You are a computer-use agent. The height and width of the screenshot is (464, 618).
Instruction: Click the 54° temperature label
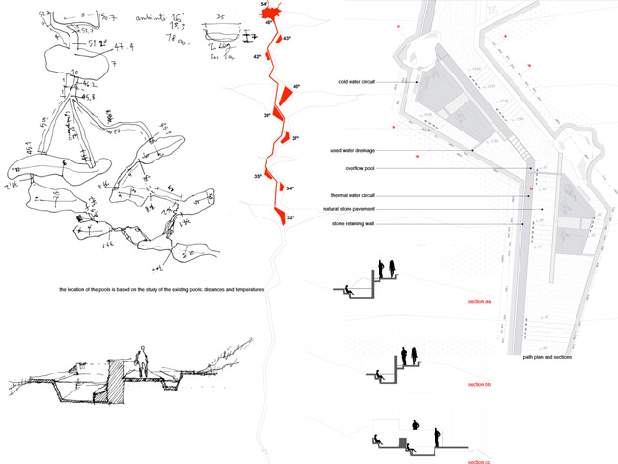click(x=264, y=5)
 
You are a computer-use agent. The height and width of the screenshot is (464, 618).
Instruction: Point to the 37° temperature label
click(x=295, y=138)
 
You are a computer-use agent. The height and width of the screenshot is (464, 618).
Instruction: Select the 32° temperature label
click(x=290, y=218)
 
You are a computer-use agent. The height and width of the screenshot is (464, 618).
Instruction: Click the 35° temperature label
click(x=258, y=176)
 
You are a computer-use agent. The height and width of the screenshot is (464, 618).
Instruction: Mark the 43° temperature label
click(x=286, y=39)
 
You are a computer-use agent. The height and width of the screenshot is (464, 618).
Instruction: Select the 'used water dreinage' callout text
click(x=353, y=151)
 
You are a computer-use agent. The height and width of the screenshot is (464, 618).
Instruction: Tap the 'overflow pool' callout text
click(x=359, y=168)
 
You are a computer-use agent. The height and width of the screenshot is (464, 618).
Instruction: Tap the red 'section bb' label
click(x=480, y=385)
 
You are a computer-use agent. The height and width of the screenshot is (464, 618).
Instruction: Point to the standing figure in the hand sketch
click(x=142, y=362)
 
